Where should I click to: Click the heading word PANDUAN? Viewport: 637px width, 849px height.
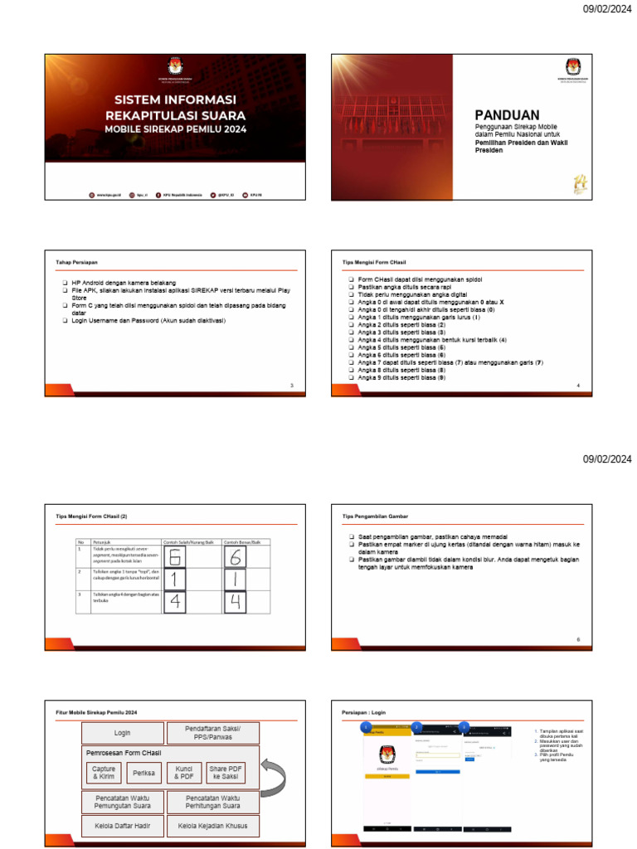point(507,115)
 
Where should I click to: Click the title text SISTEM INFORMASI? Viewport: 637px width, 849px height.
point(174,100)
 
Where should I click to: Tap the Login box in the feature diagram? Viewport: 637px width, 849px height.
point(122,733)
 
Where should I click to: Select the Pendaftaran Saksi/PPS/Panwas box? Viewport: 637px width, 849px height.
point(213,733)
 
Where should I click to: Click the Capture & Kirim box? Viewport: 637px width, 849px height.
point(105,773)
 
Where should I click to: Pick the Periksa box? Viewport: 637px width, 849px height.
point(144,773)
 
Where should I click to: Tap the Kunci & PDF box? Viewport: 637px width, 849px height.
point(184,773)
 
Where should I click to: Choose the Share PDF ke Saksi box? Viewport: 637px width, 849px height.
point(224,773)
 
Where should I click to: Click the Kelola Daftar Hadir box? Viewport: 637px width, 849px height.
point(122,826)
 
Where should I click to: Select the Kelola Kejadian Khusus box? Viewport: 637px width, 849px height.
point(213,826)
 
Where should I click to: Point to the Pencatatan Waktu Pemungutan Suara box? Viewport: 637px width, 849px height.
point(122,801)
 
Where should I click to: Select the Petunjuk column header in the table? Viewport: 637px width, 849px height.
point(103,541)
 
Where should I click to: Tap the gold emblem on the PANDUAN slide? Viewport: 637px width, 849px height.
point(578,186)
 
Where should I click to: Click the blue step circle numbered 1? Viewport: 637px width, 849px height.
point(366,727)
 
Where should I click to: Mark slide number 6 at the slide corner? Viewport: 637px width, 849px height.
point(578,639)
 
